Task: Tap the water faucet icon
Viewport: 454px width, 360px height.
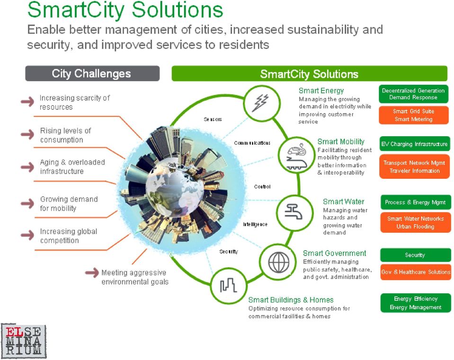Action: (294, 211)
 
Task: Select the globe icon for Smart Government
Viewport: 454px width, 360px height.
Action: (278, 262)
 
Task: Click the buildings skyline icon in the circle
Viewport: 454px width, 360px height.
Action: (228, 285)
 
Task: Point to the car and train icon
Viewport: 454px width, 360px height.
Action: (296, 156)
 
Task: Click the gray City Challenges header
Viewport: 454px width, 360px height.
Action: (92, 73)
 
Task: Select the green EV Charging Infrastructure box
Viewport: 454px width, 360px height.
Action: (414, 144)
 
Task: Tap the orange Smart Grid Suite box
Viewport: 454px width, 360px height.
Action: (413, 115)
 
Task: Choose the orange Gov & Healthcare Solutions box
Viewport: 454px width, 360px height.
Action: (416, 272)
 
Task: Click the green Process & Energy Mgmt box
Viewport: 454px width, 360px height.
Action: (415, 202)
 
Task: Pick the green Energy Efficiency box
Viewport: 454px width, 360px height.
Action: (416, 303)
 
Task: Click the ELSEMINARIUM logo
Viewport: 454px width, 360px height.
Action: (24, 341)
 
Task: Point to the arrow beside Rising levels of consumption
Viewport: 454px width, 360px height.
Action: (27, 134)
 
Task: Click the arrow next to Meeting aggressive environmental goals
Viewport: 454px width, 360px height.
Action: (92, 272)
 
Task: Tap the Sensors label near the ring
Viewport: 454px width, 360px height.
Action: (213, 119)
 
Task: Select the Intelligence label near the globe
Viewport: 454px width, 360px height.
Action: (255, 224)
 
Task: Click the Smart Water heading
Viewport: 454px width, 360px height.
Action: (344, 202)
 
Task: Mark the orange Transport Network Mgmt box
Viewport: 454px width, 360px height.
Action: (414, 167)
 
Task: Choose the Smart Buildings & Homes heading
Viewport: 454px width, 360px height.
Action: (291, 300)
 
